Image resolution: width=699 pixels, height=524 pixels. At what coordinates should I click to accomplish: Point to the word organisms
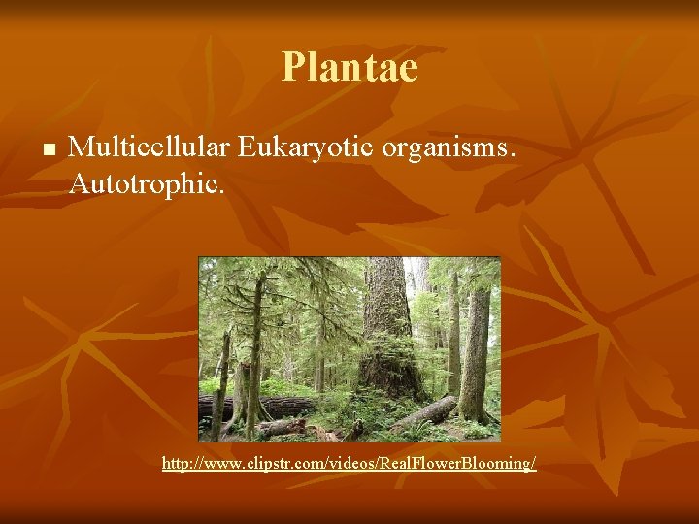coord(452,148)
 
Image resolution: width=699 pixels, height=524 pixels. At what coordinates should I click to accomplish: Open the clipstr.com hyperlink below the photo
coord(349,465)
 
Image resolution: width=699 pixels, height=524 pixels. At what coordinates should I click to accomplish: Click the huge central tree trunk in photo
coord(386,320)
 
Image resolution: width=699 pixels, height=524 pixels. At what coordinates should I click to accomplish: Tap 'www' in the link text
coord(216,465)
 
